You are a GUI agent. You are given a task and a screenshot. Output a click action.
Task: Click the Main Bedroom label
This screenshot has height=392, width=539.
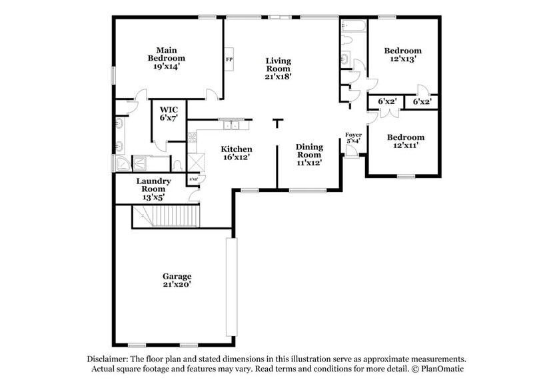pos(166,58)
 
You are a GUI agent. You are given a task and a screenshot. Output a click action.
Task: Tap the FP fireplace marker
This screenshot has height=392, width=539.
pos(229,58)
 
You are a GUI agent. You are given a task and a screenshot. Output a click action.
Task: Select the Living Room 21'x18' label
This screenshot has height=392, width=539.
pos(278,69)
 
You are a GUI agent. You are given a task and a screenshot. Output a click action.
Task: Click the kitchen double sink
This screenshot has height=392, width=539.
pos(232,125)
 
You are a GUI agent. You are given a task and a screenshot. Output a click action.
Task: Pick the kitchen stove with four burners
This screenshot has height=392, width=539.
pos(193,139)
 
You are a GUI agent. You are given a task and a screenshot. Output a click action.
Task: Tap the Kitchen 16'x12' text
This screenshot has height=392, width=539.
pos(237,153)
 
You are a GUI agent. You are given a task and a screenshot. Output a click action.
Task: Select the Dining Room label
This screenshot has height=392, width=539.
pos(309,155)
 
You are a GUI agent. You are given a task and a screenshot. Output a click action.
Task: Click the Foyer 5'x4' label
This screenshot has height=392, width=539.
pos(353,138)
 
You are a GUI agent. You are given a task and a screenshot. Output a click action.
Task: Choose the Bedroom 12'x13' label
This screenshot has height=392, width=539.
pos(403,55)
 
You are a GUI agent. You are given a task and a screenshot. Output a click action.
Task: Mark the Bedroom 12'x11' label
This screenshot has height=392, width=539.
pos(406,141)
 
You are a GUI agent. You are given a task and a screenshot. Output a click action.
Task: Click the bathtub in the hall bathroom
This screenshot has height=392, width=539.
pos(353,27)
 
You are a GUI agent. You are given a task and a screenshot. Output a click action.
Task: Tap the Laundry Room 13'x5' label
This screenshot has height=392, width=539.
pos(154,189)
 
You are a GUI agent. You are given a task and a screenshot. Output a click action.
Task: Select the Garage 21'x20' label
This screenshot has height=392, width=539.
pos(177,280)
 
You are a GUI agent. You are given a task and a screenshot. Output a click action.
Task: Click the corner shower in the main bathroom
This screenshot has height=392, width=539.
pos(123,164)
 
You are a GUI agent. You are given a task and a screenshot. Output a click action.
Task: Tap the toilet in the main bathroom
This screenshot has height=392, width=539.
pos(177,163)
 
